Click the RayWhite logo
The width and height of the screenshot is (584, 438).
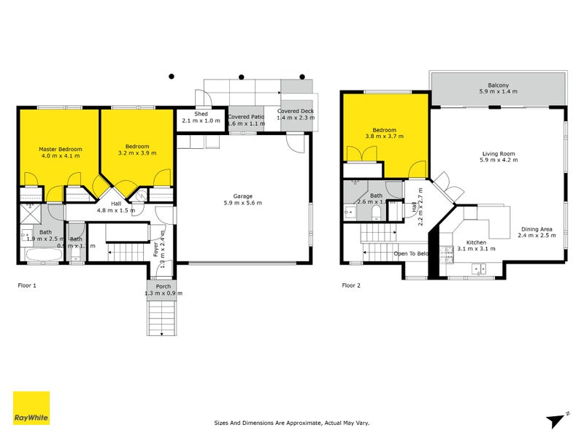click(x=31, y=408)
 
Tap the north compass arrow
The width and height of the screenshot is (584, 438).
click(x=556, y=419)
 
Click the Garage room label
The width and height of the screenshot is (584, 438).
click(x=242, y=196)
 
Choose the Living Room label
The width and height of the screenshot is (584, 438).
click(x=498, y=154)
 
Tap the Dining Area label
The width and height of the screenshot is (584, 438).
click(x=535, y=229)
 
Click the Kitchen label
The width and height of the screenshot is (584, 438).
click(x=476, y=242)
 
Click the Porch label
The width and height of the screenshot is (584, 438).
click(x=163, y=286)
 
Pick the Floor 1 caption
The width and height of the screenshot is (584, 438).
click(x=26, y=285)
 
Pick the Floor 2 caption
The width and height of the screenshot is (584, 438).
click(x=352, y=285)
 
